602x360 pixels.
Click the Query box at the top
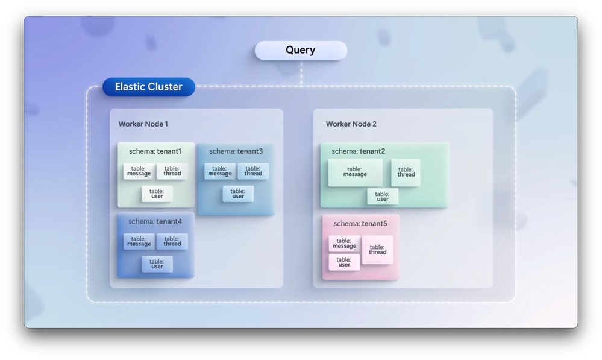[301, 50]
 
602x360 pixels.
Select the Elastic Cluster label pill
[148, 87]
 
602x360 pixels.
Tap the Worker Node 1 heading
[143, 124]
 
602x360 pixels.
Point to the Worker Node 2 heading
[351, 124]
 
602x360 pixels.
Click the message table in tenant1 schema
[139, 171]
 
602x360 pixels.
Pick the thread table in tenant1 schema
[172, 171]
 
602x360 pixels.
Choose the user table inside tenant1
[157, 194]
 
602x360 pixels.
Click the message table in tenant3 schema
[220, 171]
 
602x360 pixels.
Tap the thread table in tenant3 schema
[253, 171]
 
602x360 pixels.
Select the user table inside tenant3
[238, 194]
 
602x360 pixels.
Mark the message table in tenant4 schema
[139, 241]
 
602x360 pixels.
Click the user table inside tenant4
[157, 264]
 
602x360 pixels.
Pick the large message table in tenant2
[355, 172]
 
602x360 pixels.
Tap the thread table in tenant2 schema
[406, 172]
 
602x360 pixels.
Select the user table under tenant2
[383, 197]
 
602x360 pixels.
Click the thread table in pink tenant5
[378, 250]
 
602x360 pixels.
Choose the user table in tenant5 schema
[344, 262]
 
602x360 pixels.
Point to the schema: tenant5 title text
[360, 224]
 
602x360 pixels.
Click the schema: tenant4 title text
[155, 221]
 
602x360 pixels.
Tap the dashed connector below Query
[301, 72]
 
